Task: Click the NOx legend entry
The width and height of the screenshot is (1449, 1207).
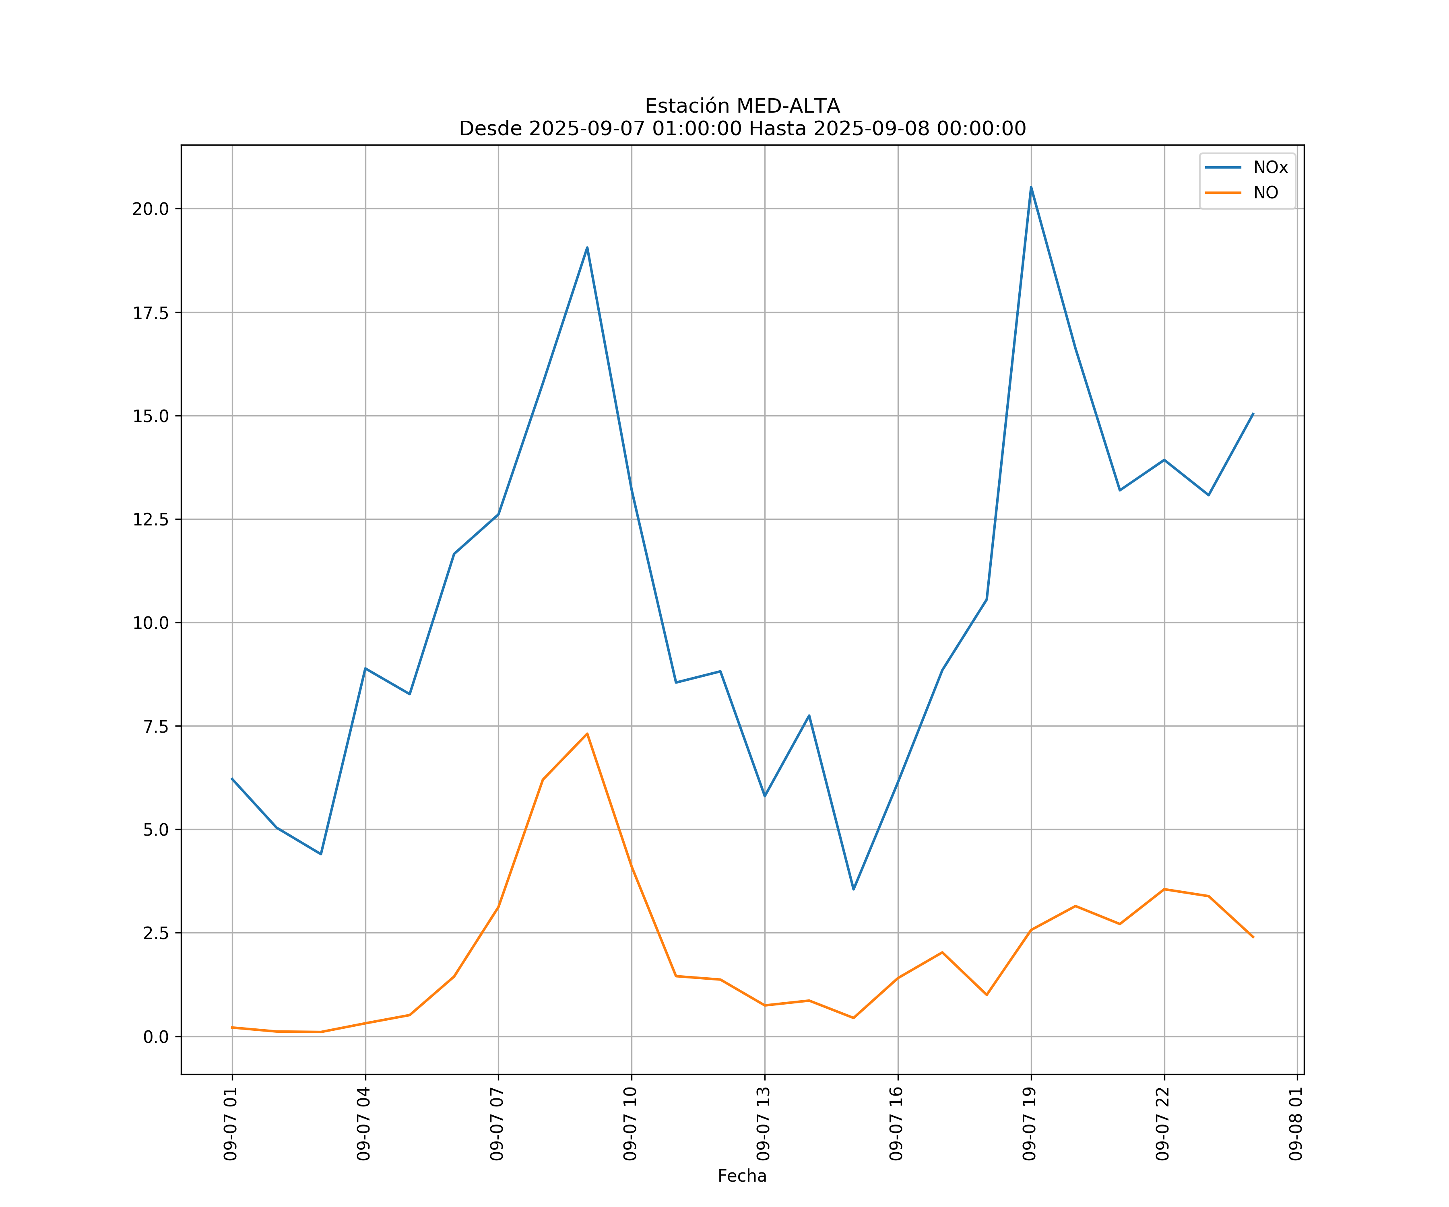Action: (1269, 168)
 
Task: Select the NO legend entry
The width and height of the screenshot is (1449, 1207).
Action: (1265, 192)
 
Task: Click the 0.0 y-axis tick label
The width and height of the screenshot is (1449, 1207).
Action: (155, 1037)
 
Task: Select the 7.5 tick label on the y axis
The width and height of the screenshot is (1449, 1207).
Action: (155, 726)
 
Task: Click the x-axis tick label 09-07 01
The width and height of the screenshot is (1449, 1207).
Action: (231, 1124)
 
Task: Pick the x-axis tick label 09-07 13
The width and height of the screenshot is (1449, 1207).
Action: (763, 1124)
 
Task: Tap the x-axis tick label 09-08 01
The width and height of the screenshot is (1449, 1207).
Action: (1296, 1124)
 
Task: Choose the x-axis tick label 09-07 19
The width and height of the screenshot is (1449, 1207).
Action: (1030, 1124)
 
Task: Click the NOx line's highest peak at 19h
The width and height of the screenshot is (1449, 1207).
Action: (1031, 187)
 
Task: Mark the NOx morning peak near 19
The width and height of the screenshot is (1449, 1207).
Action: (587, 247)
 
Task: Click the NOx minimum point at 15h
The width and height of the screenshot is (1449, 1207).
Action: (854, 889)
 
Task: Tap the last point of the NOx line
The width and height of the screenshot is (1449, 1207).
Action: (1253, 414)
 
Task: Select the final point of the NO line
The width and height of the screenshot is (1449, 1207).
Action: (1253, 937)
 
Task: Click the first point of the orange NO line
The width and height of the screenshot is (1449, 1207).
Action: (233, 1027)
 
